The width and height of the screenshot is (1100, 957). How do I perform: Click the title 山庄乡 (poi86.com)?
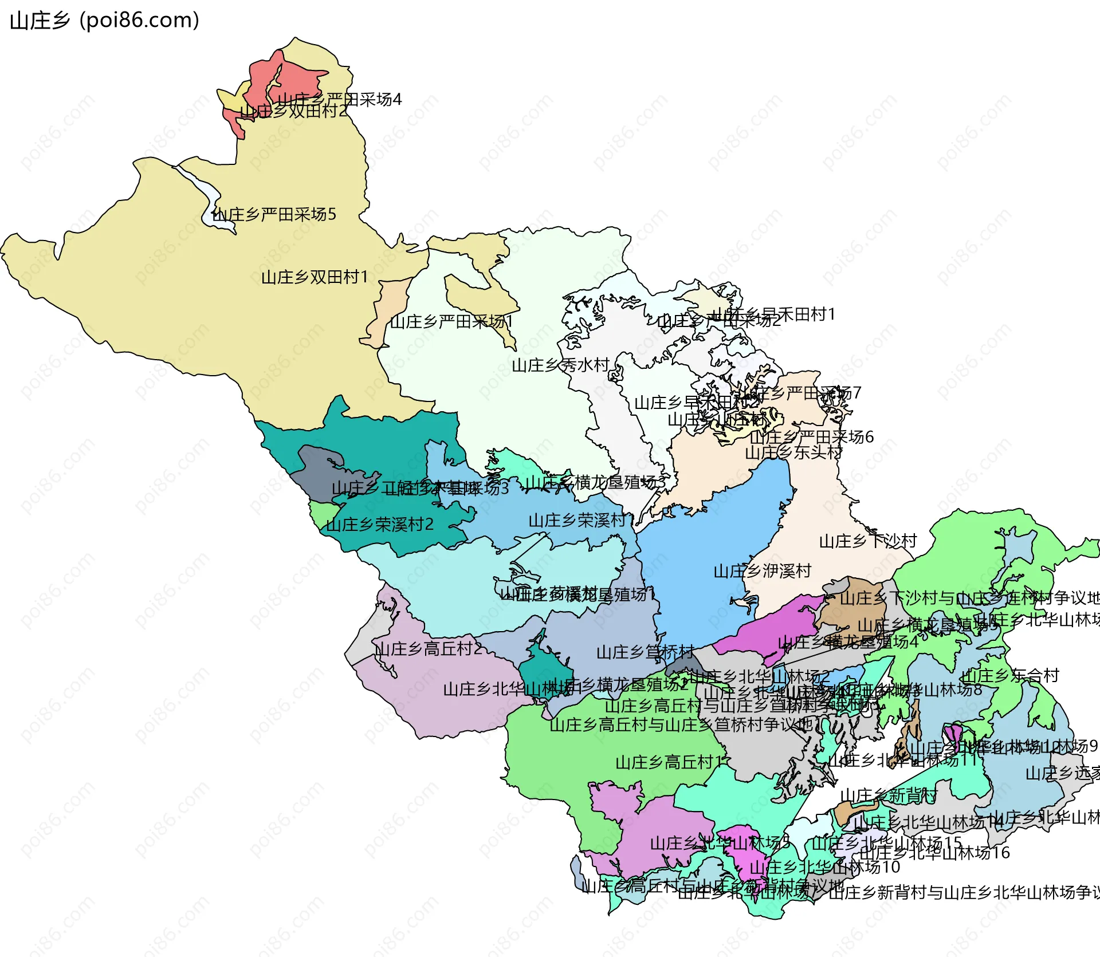tap(105, 21)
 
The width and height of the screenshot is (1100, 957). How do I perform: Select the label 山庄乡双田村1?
tap(314, 277)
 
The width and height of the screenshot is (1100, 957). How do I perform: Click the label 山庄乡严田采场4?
tap(339, 100)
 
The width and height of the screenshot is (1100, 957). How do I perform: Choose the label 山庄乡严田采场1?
tap(451, 322)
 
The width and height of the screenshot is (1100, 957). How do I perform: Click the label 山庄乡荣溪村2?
tap(379, 525)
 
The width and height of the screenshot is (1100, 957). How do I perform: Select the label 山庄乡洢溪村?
tap(762, 571)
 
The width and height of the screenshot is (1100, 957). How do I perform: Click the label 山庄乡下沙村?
tap(867, 541)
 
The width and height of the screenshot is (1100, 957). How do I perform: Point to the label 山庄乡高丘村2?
tap(428, 649)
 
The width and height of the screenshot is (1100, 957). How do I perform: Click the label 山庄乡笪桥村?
tap(645, 652)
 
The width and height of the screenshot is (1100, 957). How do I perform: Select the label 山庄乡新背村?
tap(888, 795)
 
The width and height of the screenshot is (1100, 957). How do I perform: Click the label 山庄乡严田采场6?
tap(811, 437)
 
